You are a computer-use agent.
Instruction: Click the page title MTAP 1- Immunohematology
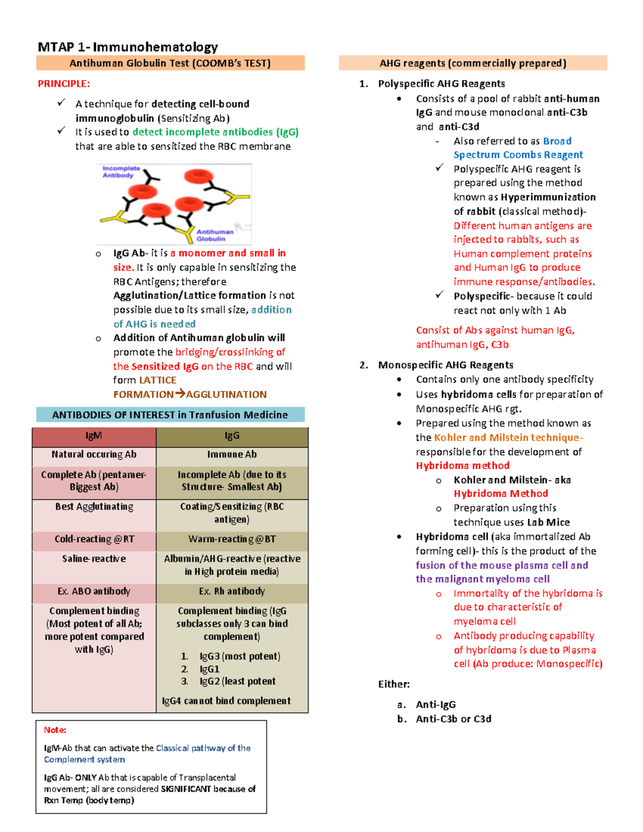(128, 47)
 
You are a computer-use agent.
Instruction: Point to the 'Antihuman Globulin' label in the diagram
(214, 235)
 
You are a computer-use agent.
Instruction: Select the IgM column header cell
(94, 436)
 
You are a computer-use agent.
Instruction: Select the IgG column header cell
(232, 436)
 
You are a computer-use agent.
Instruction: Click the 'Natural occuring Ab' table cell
(94, 454)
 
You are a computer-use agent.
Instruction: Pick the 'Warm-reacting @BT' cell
(232, 539)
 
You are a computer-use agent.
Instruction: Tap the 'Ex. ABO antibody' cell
(94, 591)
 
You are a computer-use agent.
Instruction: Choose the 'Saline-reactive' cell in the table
(94, 559)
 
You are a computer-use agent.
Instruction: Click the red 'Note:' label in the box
(55, 730)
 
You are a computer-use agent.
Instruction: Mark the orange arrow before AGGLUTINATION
(180, 394)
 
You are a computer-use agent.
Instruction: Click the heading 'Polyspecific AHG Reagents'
(441, 84)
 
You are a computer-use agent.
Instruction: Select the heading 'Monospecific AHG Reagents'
(445, 365)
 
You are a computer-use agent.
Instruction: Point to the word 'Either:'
(394, 684)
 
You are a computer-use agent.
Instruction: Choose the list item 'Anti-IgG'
(436, 704)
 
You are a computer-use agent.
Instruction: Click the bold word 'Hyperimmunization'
(548, 197)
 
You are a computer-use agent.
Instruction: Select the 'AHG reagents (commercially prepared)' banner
(473, 63)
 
